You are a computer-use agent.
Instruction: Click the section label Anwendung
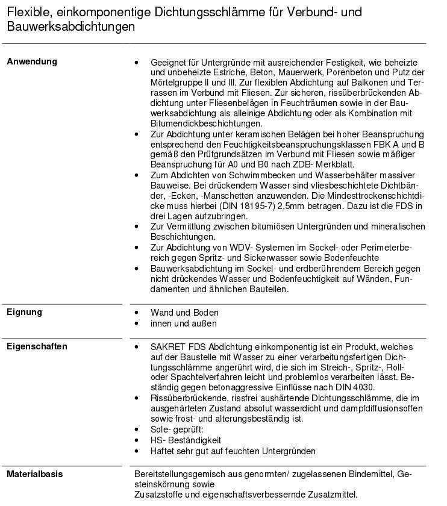coord(32,61)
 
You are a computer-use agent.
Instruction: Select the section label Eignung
coord(24,312)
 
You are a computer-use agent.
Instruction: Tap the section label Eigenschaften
coord(37,346)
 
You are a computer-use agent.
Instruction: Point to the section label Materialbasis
coord(34,474)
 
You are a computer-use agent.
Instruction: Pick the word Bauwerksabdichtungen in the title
coord(71,27)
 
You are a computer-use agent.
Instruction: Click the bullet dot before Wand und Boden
coord(137,313)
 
